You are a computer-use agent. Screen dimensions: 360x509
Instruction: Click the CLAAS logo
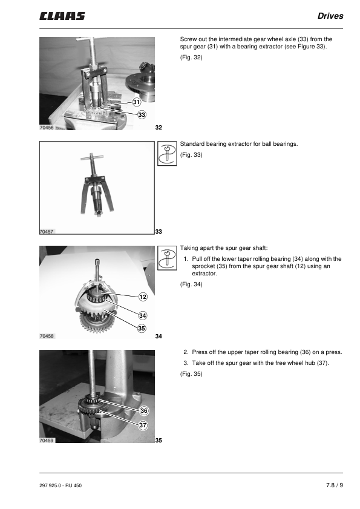pos(62,16)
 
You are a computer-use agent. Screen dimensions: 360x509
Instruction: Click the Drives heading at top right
pos(330,16)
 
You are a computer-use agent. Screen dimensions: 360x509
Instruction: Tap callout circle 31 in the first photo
pos(137,102)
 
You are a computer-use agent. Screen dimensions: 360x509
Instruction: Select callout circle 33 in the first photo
pos(142,114)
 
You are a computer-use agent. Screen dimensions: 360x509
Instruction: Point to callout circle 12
pos(143,297)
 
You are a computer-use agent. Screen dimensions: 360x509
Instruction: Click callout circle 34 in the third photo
pos(143,315)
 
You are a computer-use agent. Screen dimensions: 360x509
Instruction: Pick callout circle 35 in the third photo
pos(142,328)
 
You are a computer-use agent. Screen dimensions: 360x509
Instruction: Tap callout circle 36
pos(144,410)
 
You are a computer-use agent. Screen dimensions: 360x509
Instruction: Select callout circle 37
pos(143,425)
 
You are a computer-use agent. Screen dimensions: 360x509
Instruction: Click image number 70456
pos(47,128)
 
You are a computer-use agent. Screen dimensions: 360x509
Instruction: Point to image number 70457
pos(47,232)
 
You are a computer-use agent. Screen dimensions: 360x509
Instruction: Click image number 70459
pos(47,441)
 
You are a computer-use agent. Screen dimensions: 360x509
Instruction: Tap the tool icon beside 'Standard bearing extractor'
pos(167,154)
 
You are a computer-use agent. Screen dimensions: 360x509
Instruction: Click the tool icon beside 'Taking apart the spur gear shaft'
pos(167,258)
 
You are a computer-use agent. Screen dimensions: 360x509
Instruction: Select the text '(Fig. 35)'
pos(191,373)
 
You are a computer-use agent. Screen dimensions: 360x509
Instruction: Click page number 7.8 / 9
pos(335,485)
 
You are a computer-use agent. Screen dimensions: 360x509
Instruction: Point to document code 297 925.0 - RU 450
pos(61,485)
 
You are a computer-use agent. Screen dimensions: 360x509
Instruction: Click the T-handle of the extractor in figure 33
pos(93,157)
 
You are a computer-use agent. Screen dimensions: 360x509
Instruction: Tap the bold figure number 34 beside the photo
pos(159,337)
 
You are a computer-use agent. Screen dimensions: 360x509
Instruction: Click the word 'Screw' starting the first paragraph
pos(188,39)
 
